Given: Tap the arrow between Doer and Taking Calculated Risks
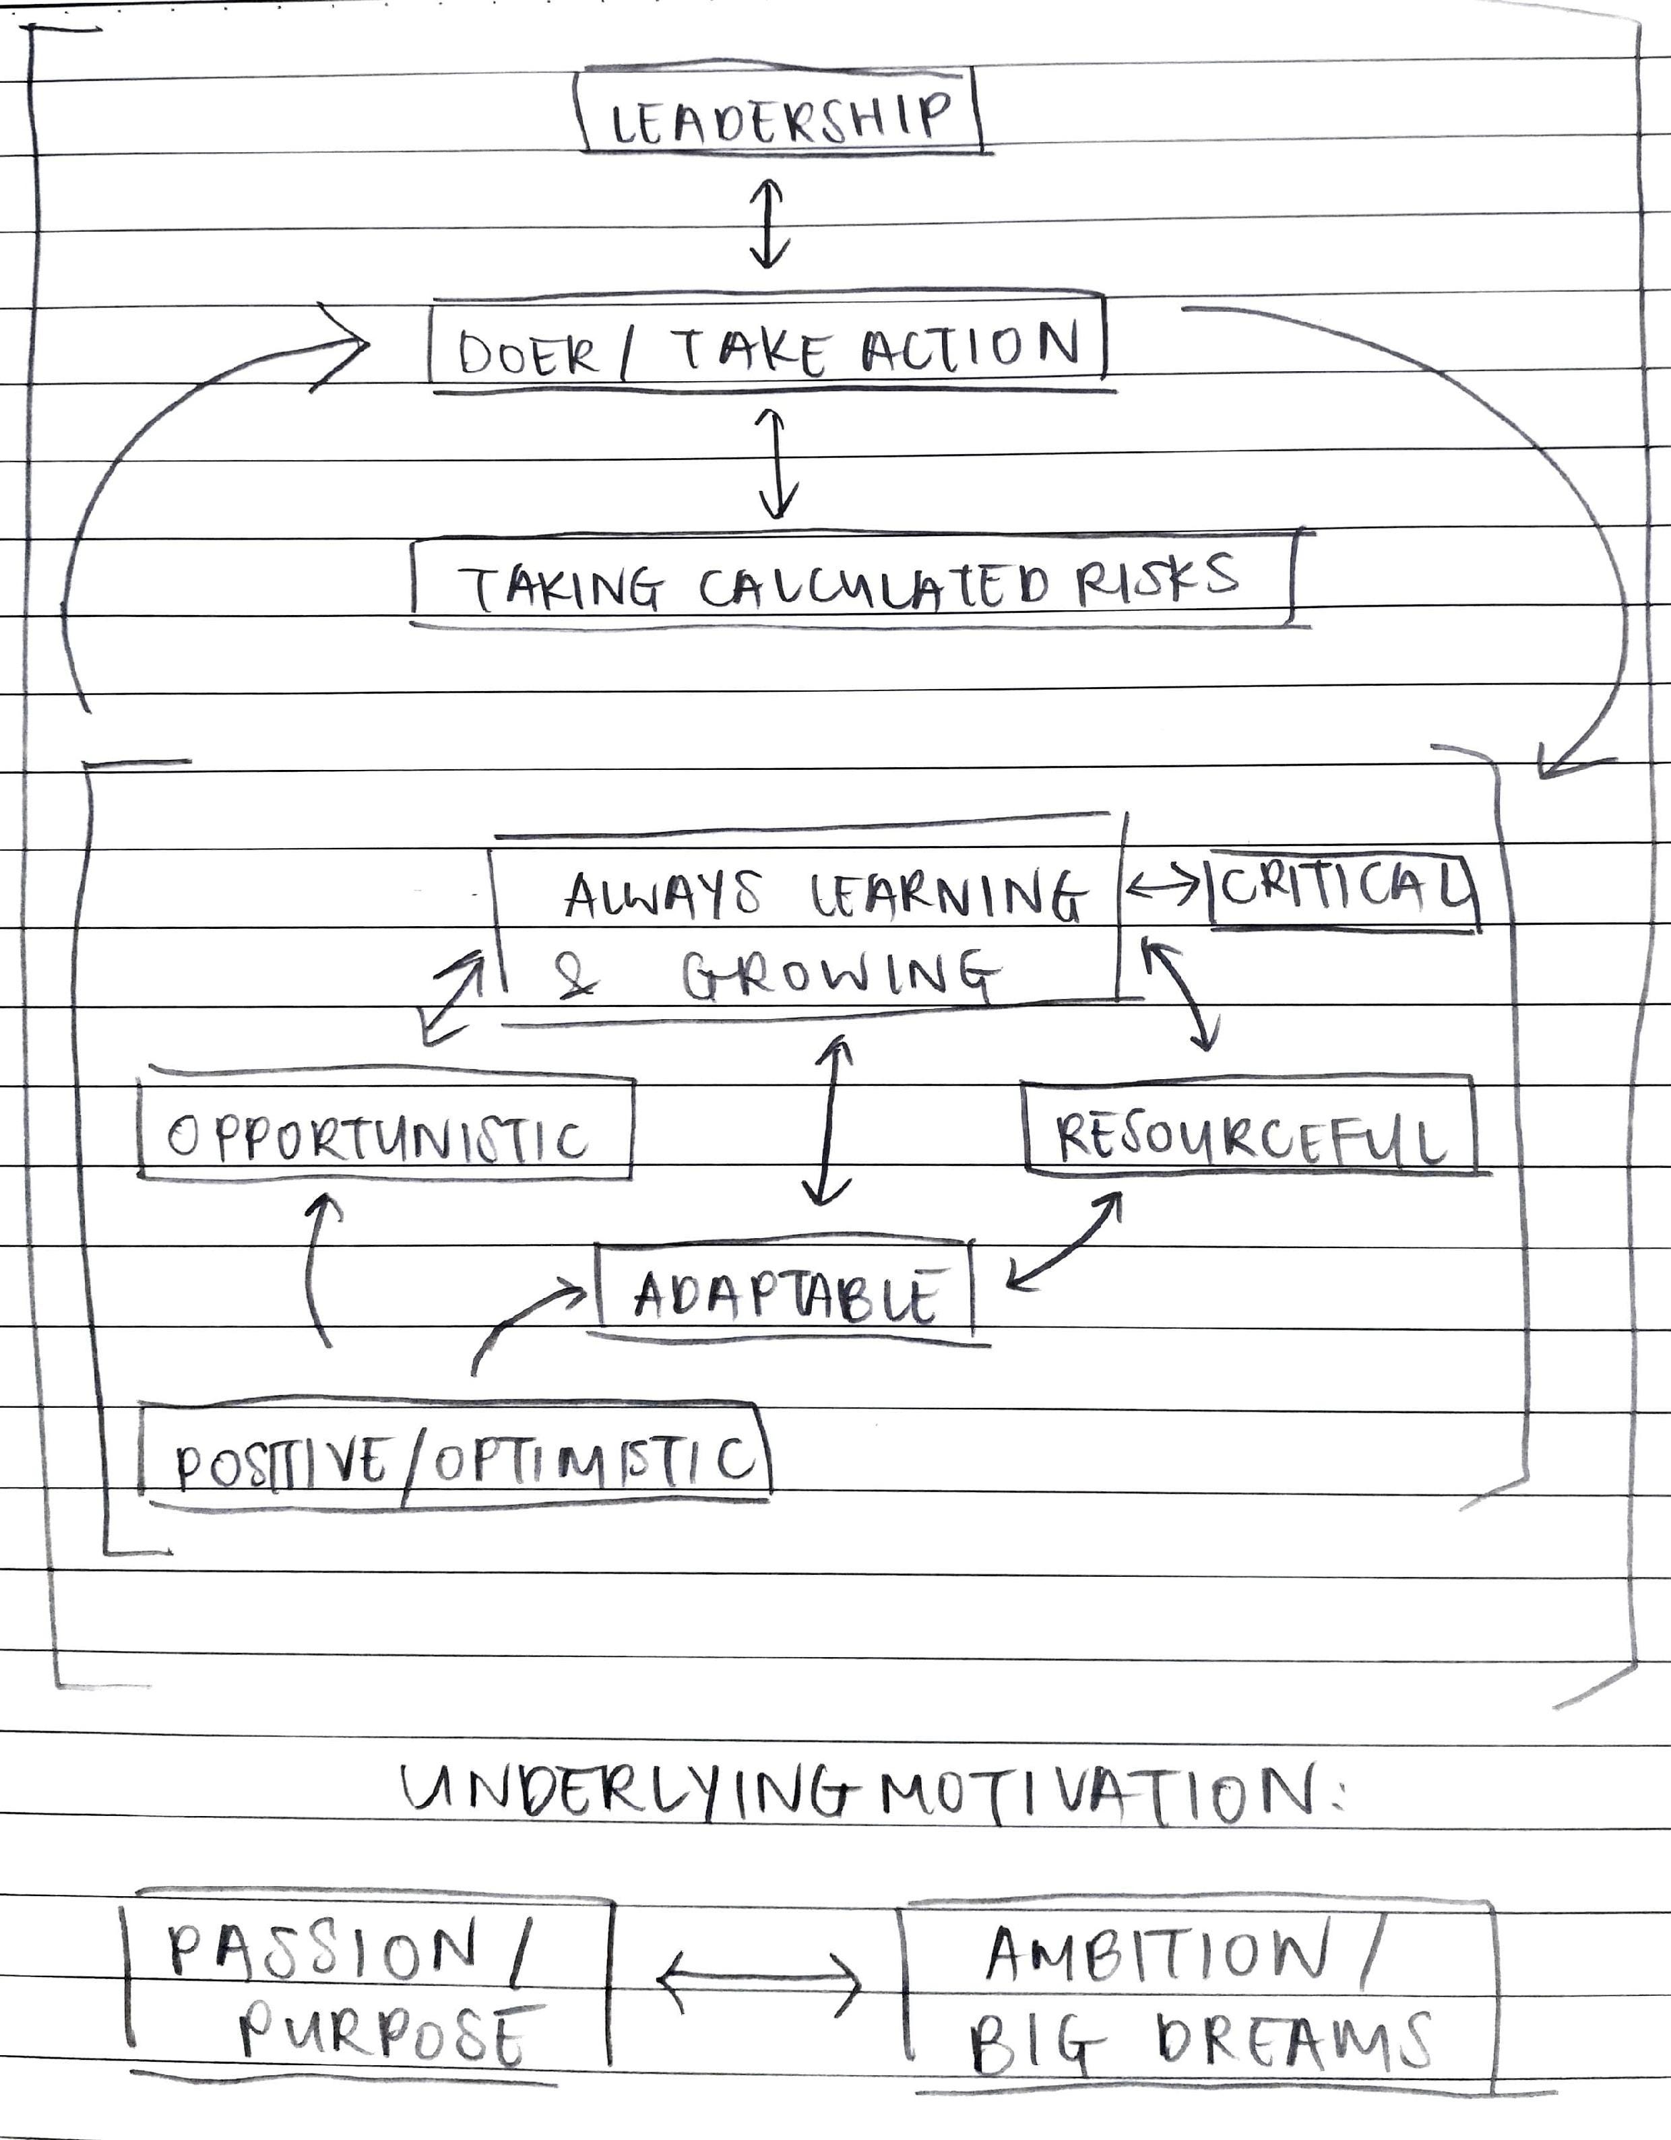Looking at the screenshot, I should tap(776, 463).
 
